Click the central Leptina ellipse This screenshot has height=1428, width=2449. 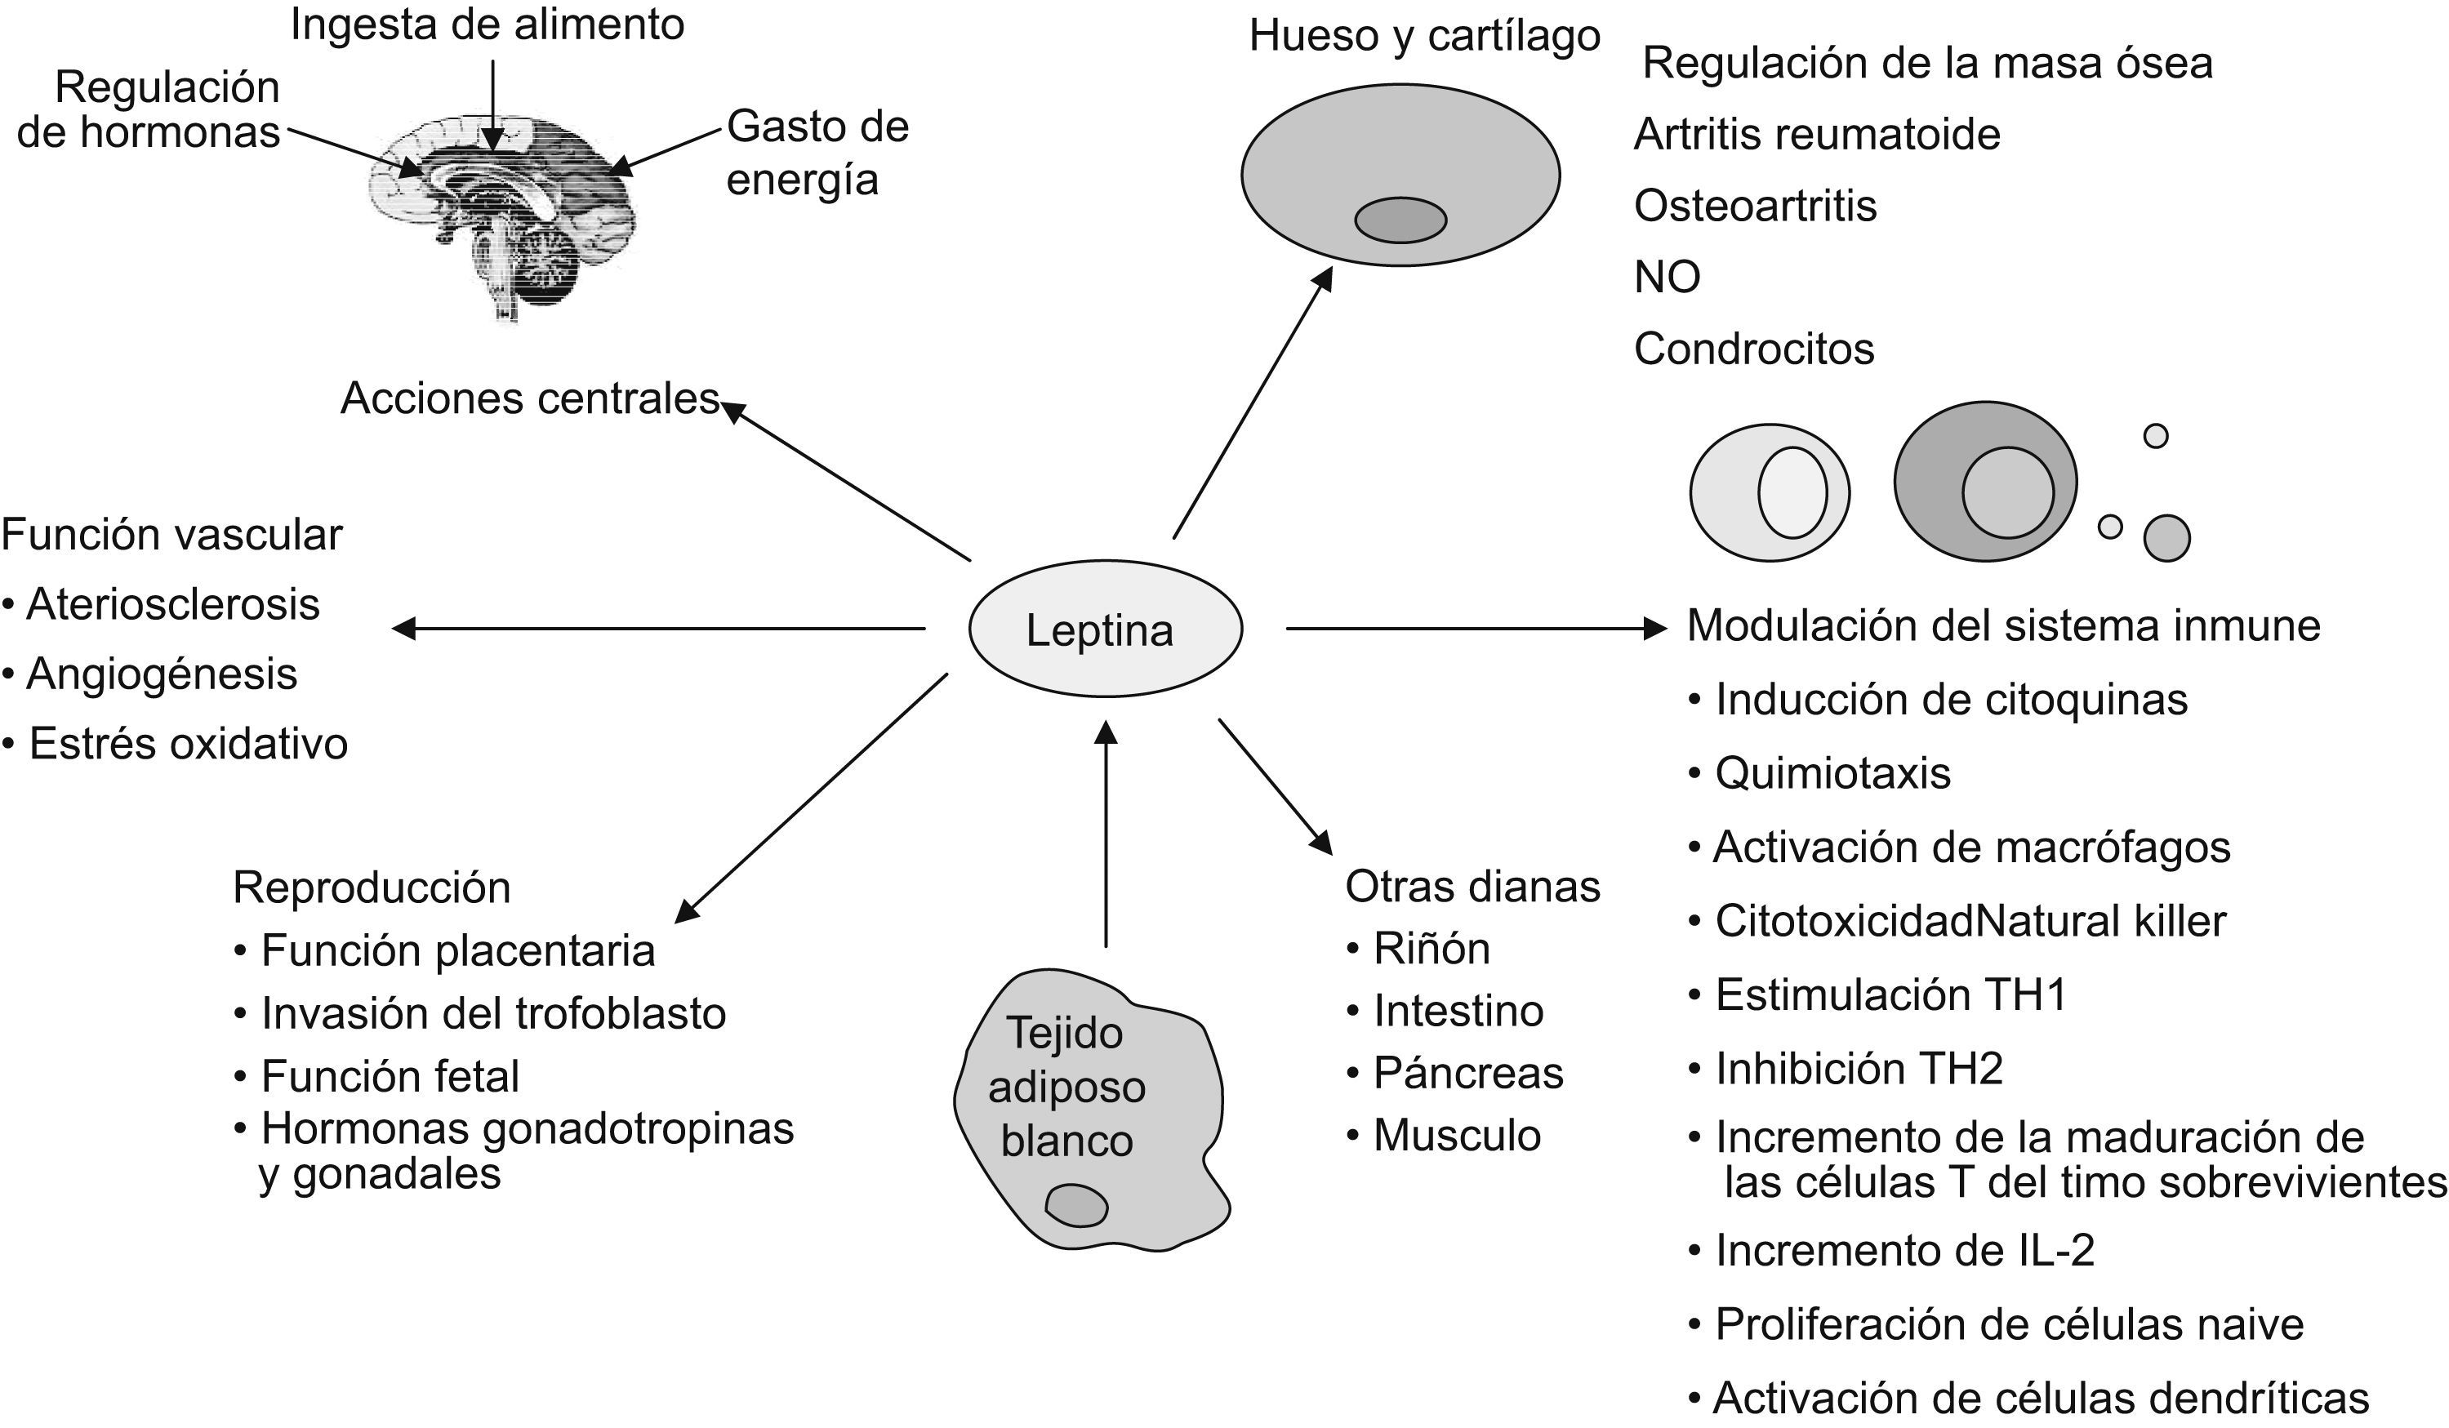pos(1105,629)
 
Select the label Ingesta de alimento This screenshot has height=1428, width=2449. pos(487,25)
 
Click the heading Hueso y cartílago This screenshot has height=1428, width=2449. pos(1423,37)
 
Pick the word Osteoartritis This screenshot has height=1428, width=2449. pos(1754,206)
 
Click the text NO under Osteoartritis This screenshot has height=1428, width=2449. pos(1667,278)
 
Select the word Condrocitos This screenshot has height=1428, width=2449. pos(1753,349)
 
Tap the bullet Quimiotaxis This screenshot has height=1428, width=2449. pos(1831,773)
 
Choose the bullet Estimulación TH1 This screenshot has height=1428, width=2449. pos(1890,994)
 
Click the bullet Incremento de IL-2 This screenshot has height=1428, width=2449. pos(1903,1250)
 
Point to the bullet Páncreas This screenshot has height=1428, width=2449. pos(1467,1074)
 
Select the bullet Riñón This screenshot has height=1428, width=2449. pos(1431,949)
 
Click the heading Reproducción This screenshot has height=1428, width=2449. pos(372,887)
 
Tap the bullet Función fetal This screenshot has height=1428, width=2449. pos(389,1076)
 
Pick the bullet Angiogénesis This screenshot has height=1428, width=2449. pos(160,674)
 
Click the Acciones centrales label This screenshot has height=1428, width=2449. pos(530,399)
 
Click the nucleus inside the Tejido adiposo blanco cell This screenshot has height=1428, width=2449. pos(1075,1206)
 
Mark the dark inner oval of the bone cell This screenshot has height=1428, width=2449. pos(1400,220)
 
